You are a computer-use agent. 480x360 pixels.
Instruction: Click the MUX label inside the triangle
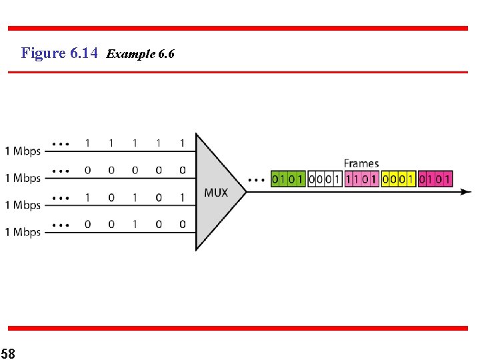[x=215, y=193]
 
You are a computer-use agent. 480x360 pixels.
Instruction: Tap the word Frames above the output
[x=361, y=163]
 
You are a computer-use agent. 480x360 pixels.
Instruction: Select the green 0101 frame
[x=287, y=179]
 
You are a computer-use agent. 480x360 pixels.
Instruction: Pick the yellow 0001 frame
[x=397, y=179]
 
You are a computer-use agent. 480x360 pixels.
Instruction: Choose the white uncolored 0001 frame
[x=324, y=179]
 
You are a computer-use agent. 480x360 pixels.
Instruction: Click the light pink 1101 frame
[x=361, y=179]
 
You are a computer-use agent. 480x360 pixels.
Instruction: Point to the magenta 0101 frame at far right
[x=434, y=179]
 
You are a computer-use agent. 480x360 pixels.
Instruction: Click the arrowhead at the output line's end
[x=466, y=192]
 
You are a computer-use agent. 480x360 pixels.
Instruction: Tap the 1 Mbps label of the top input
[x=23, y=151]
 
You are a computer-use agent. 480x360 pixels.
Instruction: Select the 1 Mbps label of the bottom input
[x=23, y=232]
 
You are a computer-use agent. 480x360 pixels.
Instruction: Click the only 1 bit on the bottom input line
[x=134, y=225]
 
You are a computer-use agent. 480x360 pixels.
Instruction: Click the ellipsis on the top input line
[x=61, y=143]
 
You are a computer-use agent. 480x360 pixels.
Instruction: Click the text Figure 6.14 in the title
[x=60, y=53]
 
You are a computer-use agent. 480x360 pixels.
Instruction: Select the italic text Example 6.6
[x=140, y=53]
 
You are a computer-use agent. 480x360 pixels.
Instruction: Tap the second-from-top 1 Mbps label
[x=23, y=178]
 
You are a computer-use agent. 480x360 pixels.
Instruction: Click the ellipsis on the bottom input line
[x=61, y=225]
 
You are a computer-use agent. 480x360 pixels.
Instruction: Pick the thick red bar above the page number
[x=238, y=328]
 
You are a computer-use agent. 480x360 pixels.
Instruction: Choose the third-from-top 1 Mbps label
[x=23, y=205]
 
